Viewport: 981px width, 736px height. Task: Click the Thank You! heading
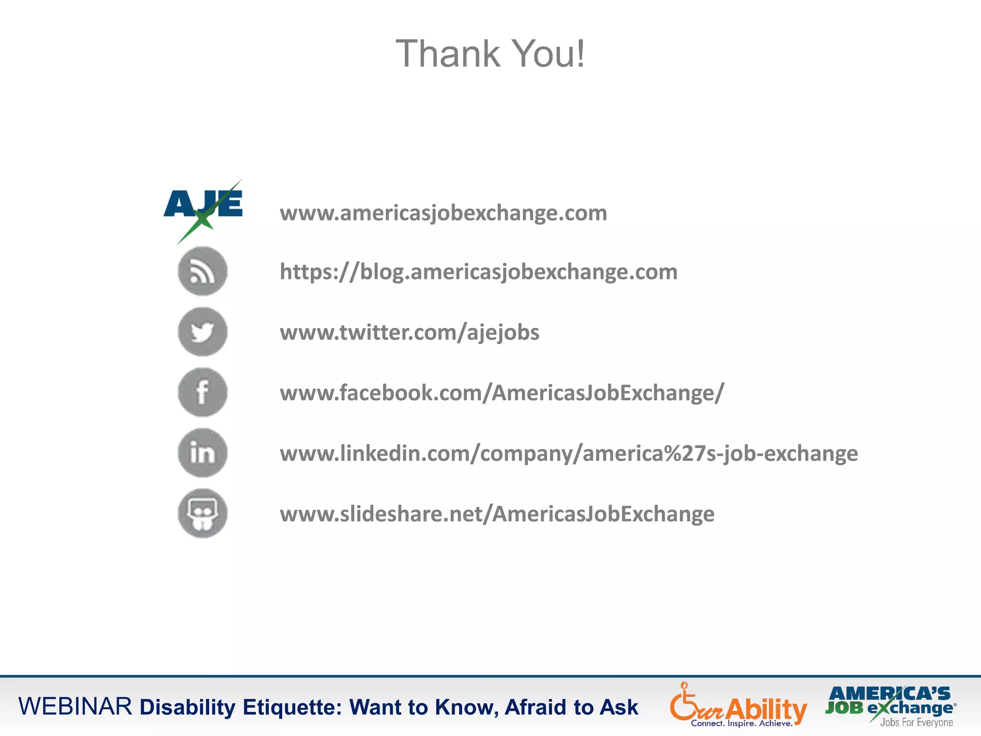[490, 54]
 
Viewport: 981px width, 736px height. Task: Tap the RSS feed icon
[203, 271]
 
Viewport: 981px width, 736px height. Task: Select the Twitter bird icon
[203, 332]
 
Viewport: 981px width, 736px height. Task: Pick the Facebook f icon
[203, 392]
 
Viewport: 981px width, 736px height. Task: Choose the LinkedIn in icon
[203, 453]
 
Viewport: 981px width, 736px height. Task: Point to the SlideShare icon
[203, 513]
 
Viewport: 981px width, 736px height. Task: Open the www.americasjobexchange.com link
[443, 213]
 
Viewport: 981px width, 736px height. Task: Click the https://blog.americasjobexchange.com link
[479, 272]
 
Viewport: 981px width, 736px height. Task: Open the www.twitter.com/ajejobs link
[410, 333]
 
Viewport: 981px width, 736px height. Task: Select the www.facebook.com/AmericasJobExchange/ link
[502, 393]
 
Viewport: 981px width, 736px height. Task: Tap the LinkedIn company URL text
[569, 453]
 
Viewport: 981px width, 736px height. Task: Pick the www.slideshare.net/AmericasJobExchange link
[497, 514]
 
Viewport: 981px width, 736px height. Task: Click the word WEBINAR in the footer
[75, 707]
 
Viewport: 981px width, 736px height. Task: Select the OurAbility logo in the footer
[738, 703]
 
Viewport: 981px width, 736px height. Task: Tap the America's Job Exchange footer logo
[890, 701]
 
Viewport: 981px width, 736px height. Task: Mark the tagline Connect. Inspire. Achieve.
[741, 724]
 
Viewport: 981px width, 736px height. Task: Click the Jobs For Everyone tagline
[916, 723]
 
